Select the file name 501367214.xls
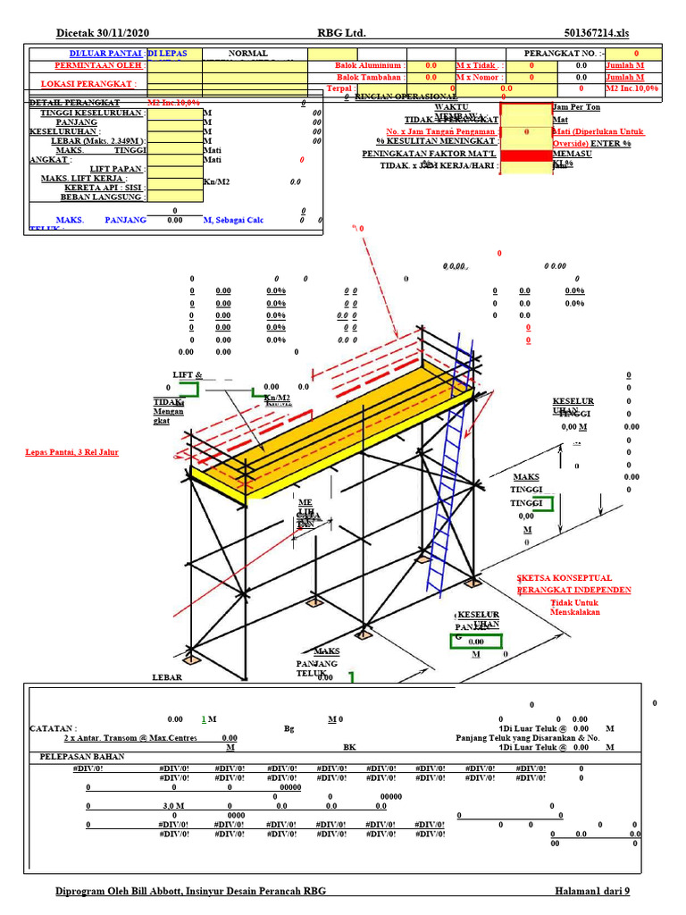[598, 33]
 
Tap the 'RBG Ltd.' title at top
[342, 33]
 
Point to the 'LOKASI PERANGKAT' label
[89, 84]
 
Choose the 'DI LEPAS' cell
[173, 54]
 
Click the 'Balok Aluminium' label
[370, 65]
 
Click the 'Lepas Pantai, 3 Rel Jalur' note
[71, 452]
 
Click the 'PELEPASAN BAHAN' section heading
[82, 756]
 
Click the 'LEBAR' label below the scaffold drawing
[166, 677]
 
